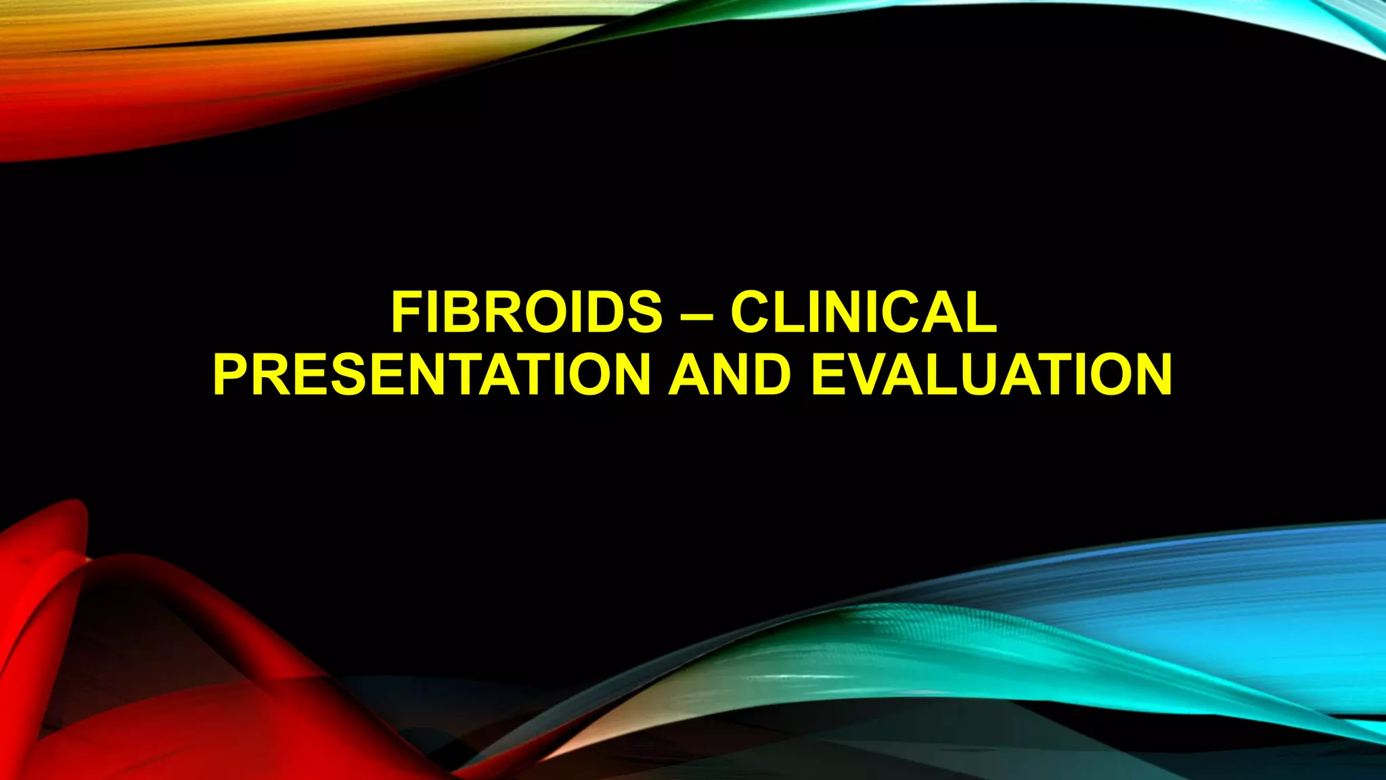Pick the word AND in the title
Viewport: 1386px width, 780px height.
coord(730,374)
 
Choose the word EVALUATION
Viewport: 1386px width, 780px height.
coord(991,374)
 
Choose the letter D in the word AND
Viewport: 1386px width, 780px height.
coord(769,374)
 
